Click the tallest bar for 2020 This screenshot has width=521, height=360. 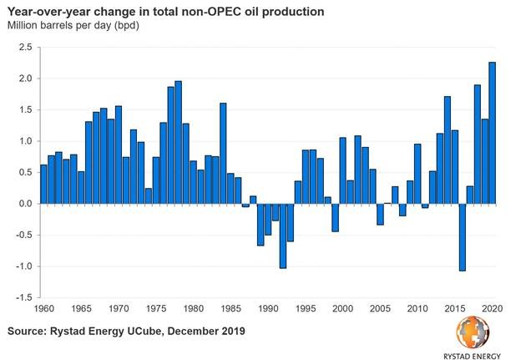(x=492, y=133)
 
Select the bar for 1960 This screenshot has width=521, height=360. (x=43, y=184)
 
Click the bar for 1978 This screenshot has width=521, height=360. (x=178, y=142)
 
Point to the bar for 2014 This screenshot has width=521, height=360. (x=447, y=150)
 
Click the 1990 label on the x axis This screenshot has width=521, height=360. (x=267, y=309)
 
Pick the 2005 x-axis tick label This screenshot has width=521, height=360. (x=380, y=309)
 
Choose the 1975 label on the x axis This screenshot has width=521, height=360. (x=155, y=309)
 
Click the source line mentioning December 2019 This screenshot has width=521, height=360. (x=125, y=332)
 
